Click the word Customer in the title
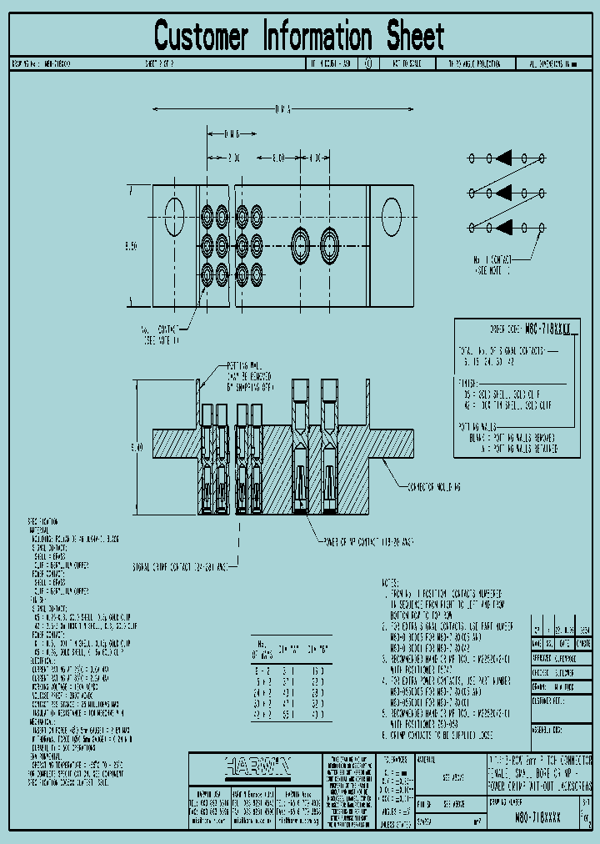coord(201,37)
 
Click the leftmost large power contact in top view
coord(301,245)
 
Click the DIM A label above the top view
coord(282,108)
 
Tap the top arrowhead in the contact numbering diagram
coord(504,158)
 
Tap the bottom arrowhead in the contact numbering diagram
coord(504,228)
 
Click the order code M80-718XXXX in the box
coord(542,330)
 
